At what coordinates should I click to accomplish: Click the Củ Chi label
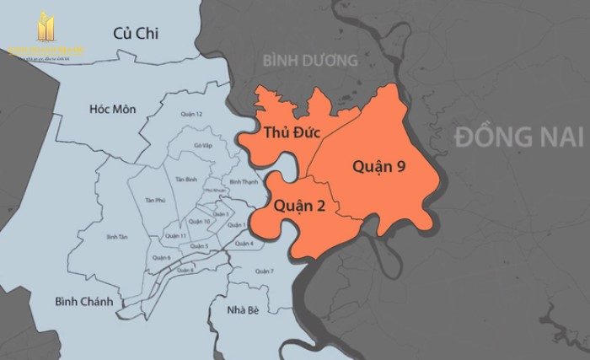coord(137,33)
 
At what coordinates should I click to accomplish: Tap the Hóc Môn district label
coord(114,110)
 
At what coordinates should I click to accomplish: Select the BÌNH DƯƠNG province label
coord(309,60)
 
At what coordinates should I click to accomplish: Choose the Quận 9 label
coord(378,166)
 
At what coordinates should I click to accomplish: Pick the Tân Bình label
coord(185,180)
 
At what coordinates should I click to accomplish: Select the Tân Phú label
coord(154,200)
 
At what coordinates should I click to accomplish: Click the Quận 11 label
coord(176,235)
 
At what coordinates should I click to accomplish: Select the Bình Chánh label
coord(83,301)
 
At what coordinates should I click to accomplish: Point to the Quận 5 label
coord(200,246)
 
